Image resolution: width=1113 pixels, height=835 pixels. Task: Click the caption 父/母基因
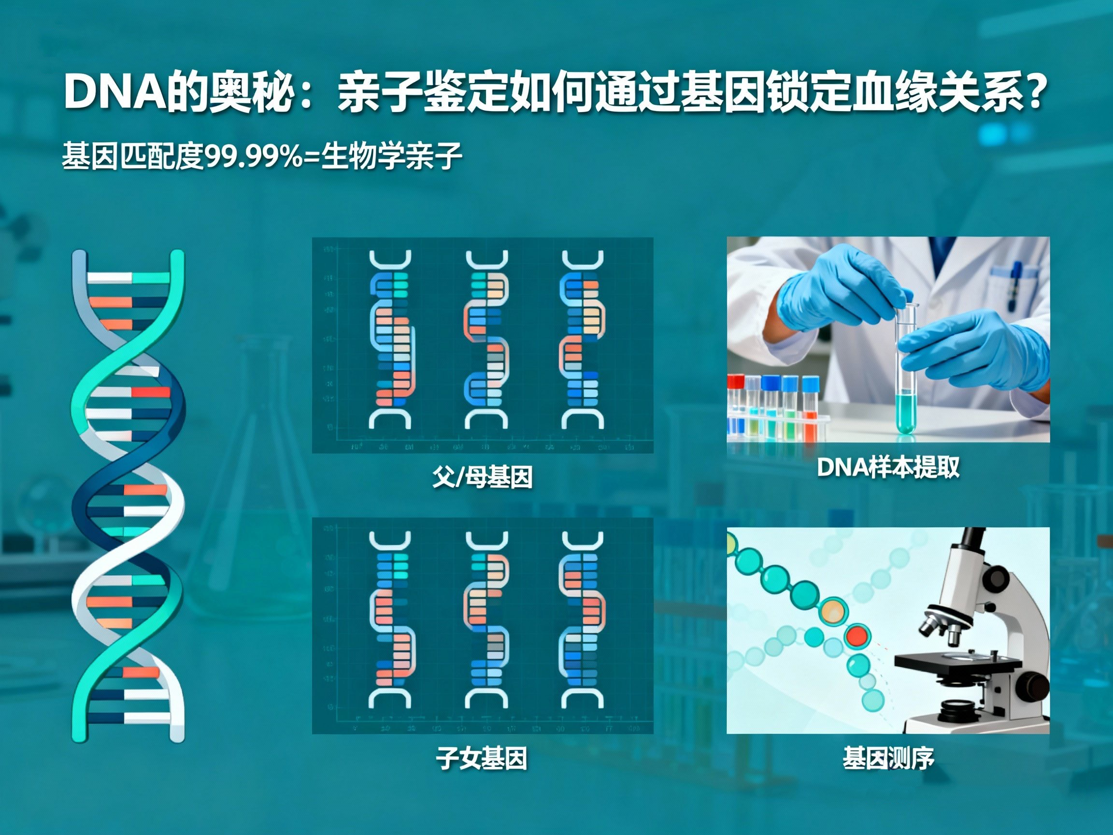pyautogui.click(x=482, y=476)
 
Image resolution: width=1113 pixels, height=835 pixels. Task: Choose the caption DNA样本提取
pyautogui.click(x=888, y=468)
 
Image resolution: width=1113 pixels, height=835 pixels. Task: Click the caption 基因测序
pyautogui.click(x=888, y=759)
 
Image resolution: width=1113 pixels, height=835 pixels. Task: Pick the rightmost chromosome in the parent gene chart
pyautogui.click(x=582, y=340)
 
